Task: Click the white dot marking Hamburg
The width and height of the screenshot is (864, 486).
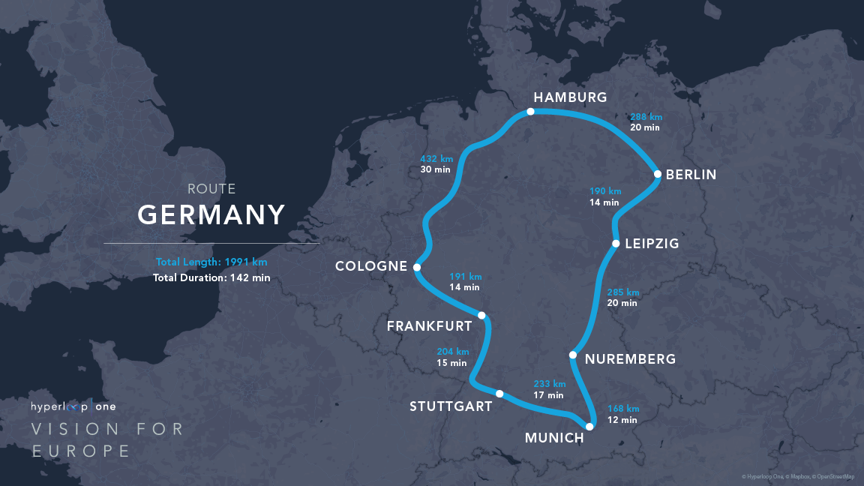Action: click(x=530, y=112)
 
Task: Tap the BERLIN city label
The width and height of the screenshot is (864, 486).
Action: click(x=691, y=175)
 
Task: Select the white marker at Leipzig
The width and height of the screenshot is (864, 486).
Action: click(x=616, y=244)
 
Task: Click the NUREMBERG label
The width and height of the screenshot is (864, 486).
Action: click(x=630, y=359)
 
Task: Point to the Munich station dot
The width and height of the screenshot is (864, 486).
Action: click(x=589, y=427)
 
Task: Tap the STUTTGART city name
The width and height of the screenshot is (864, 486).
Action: click(x=451, y=406)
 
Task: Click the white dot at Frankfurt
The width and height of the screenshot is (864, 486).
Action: click(x=481, y=316)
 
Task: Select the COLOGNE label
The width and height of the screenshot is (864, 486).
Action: click(x=371, y=266)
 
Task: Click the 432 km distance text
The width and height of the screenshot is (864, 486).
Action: click(x=436, y=158)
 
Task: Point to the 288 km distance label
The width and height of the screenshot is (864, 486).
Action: click(x=646, y=117)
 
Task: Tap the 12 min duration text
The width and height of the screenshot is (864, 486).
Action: click(x=622, y=420)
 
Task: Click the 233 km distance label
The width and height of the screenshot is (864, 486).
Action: click(x=549, y=383)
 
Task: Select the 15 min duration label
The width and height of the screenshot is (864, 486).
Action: click(x=452, y=363)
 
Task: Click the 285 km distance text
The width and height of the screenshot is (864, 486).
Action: click(x=622, y=292)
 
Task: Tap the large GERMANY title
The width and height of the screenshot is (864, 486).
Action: click(x=211, y=215)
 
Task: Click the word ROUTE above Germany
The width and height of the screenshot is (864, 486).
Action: click(x=211, y=190)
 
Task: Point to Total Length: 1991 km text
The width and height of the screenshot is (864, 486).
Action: click(x=211, y=262)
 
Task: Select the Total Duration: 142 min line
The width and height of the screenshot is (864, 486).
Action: click(x=211, y=277)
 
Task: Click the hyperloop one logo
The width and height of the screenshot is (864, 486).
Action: click(x=73, y=406)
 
